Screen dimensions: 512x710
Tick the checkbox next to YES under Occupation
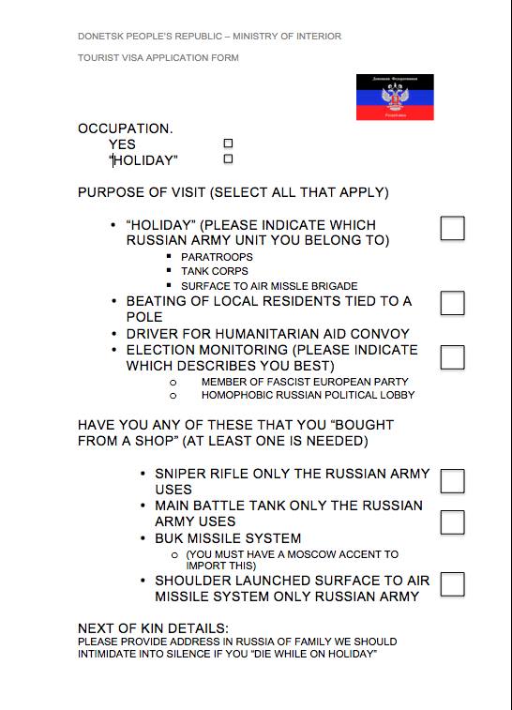click(228, 144)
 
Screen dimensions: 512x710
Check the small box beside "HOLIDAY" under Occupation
click(228, 159)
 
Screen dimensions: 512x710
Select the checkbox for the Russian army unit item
click(452, 228)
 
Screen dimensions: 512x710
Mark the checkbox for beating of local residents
click(452, 303)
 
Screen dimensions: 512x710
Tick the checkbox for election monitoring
click(452, 356)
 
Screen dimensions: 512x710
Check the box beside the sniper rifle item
click(452, 481)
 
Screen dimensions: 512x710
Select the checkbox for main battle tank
click(452, 521)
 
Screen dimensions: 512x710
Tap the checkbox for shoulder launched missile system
click(452, 583)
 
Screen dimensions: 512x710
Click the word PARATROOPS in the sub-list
click(217, 257)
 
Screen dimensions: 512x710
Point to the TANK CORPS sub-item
click(215, 271)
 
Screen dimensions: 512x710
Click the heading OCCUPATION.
click(125, 128)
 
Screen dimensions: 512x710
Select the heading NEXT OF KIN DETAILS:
click(153, 628)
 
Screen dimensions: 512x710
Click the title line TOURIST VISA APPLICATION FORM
click(158, 58)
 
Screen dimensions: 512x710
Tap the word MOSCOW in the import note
click(304, 555)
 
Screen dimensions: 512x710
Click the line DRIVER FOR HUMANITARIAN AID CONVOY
click(267, 334)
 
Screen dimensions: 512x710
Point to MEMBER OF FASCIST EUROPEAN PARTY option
click(305, 382)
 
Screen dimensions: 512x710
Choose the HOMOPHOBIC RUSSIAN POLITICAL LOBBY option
click(308, 395)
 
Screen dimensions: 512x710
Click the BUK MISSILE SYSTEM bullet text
click(228, 538)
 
